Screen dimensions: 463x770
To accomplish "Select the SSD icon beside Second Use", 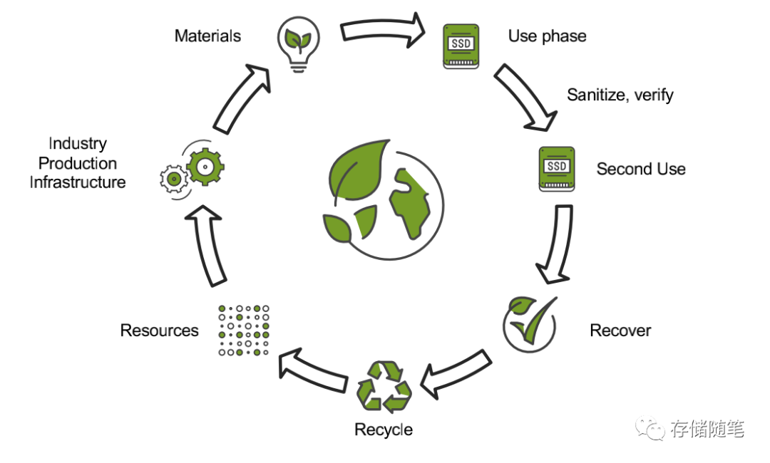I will pyautogui.click(x=557, y=169).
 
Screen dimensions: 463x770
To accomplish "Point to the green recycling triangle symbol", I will pyautogui.click(x=384, y=387).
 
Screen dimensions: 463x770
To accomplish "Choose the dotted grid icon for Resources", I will pyautogui.click(x=243, y=330).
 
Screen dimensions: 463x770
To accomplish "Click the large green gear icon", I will pyautogui.click(x=205, y=167).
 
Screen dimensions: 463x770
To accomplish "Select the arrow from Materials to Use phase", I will pyautogui.click(x=382, y=29).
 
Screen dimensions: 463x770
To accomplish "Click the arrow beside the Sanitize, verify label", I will pyautogui.click(x=524, y=98).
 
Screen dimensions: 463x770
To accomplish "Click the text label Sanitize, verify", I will pyautogui.click(x=620, y=94).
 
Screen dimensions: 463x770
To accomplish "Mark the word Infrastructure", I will pyautogui.click(x=78, y=182).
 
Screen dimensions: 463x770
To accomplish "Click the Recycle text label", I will pyautogui.click(x=384, y=430).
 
